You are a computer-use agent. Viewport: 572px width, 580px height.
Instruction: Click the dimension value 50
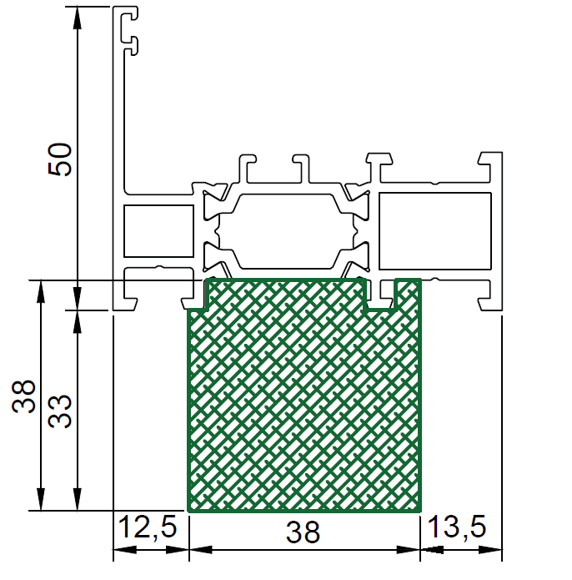(60, 159)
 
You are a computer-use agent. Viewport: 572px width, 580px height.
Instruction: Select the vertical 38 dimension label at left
(23, 396)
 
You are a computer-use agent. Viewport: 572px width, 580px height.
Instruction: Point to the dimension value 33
(60, 411)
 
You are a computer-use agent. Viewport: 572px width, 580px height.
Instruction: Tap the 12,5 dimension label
(148, 527)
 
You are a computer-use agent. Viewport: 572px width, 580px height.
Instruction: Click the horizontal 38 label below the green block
(303, 532)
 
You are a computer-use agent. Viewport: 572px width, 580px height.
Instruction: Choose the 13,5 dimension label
(457, 527)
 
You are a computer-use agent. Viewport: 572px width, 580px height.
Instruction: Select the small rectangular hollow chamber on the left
(159, 231)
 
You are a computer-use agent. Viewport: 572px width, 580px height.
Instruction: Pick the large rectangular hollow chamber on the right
(435, 231)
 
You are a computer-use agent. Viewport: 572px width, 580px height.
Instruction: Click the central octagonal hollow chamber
(286, 231)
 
